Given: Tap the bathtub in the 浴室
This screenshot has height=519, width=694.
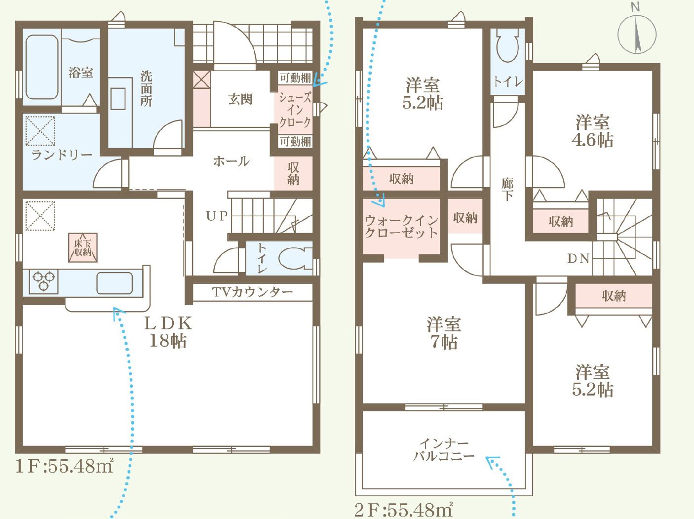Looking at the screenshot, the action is pos(42,67).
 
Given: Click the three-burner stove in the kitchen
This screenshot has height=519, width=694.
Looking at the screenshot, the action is pos(43,281).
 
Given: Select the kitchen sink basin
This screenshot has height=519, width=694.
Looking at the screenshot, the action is pos(115,283).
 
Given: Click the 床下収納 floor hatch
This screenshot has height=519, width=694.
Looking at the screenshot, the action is pos(83,247).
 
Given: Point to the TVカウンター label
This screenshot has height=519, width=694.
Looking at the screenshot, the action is pos(252,292).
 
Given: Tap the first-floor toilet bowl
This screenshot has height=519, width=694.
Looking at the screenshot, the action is pos(295,258).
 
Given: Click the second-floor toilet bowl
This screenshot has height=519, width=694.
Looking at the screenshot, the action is pos(507,45).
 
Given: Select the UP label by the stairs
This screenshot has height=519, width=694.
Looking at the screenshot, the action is pos(217,216).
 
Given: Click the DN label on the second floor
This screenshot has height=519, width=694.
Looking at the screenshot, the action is pos(578,259).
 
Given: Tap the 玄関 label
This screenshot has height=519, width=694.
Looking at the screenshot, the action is pos(240,99).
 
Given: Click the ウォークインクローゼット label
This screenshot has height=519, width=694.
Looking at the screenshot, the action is pos(401,227).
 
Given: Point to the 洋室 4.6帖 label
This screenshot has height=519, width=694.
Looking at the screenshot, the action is pos(592,131).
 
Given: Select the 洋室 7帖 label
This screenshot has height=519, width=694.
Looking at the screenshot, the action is pos(444,333).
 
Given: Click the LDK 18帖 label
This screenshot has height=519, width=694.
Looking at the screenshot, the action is pos(168,332).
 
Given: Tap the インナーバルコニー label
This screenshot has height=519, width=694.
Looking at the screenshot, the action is pos(444,450).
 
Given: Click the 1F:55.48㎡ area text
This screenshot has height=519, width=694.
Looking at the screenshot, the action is pos(64,466).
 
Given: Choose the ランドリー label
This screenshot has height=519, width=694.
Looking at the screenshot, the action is pos(62,155).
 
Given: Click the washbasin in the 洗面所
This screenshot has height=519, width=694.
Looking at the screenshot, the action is pos(118,99).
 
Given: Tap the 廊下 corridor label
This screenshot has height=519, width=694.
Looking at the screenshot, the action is pos(507,190).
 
